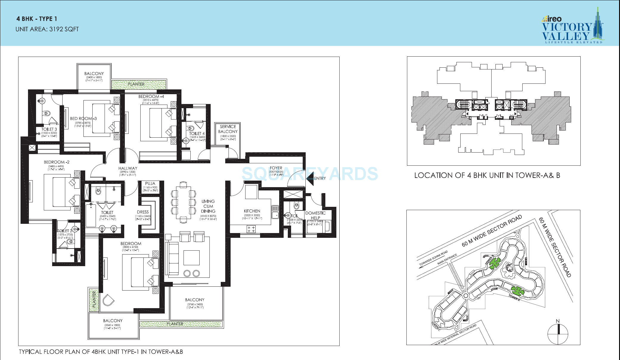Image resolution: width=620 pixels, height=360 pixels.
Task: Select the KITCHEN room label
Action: click(252, 211)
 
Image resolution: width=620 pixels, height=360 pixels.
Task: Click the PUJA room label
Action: click(150, 184)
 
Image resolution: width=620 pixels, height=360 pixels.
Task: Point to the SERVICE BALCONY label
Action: click(228, 129)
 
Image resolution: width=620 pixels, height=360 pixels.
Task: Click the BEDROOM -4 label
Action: click(151, 97)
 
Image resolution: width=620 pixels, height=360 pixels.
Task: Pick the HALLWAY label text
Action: click(128, 168)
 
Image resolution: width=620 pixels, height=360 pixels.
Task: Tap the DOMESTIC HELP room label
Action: click(316, 215)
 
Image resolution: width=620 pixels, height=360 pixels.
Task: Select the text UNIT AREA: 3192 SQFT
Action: click(47, 29)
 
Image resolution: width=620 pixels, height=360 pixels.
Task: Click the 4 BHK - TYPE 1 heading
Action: click(37, 19)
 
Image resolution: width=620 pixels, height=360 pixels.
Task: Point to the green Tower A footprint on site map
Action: click(518, 291)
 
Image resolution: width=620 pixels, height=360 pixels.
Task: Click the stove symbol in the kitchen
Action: click(251, 229)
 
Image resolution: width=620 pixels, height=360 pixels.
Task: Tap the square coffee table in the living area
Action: click(192, 257)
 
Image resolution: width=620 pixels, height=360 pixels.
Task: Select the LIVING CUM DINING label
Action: click(208, 206)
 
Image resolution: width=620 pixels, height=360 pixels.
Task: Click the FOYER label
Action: click(276, 168)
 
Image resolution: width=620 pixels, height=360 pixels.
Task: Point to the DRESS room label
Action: click(143, 212)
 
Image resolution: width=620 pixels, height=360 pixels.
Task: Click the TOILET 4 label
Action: click(197, 134)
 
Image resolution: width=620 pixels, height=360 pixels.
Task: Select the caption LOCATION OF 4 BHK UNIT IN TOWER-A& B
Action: click(487, 176)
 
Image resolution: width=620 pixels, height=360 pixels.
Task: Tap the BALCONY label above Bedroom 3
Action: click(94, 74)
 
